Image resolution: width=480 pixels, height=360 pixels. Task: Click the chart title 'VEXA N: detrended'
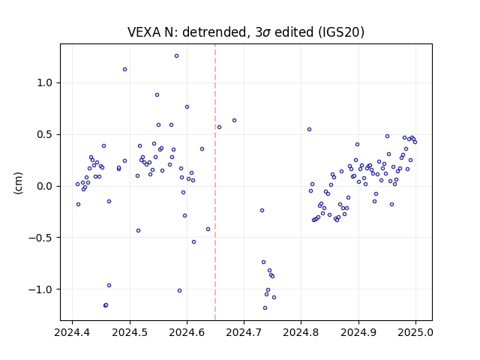click(187, 32)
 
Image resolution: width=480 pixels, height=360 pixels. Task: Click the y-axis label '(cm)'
click(18, 183)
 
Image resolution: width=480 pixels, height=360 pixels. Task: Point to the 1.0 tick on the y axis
click(45, 83)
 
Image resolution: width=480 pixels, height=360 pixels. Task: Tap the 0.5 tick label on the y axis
click(45, 135)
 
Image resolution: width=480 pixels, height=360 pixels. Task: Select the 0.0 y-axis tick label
click(45, 186)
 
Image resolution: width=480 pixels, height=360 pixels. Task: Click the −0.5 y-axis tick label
click(40, 238)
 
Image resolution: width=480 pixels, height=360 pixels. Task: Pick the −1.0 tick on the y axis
click(40, 289)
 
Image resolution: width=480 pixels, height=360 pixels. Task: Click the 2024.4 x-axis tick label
click(72, 332)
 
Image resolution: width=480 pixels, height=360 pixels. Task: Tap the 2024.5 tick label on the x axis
click(130, 332)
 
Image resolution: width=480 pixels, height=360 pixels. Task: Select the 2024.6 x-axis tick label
click(187, 332)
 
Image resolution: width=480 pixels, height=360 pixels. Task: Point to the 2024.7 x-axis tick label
click(244, 332)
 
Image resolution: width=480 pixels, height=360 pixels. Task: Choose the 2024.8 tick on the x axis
click(301, 332)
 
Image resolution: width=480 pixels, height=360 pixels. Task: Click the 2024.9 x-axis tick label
click(358, 332)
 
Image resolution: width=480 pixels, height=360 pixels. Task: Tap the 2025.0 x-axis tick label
click(415, 332)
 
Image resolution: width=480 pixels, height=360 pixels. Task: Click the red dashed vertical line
click(215, 182)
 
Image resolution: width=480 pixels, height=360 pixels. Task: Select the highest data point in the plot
click(177, 56)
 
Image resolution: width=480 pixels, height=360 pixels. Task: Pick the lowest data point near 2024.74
click(265, 308)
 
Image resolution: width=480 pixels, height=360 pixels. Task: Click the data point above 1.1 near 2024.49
click(125, 70)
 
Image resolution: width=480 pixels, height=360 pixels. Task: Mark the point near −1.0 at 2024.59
click(180, 291)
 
